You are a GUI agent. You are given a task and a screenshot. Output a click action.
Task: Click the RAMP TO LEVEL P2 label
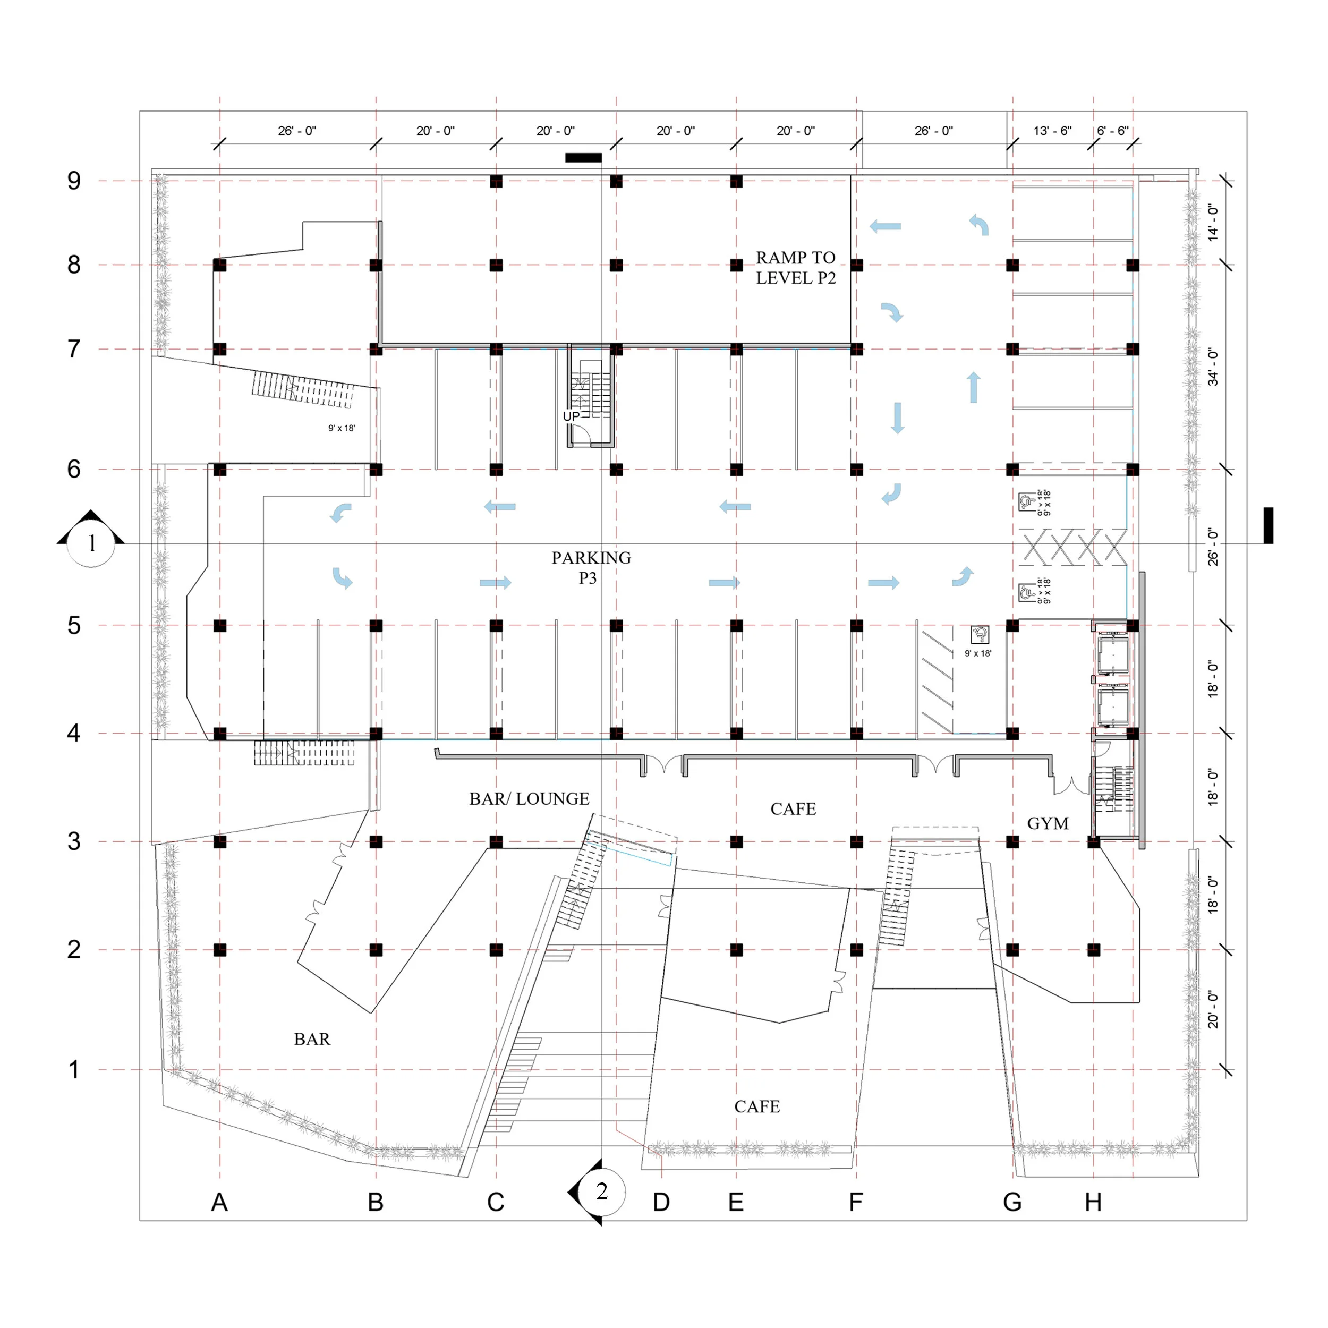pyautogui.click(x=795, y=267)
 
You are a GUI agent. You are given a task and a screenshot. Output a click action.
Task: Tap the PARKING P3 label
pyautogui.click(x=591, y=567)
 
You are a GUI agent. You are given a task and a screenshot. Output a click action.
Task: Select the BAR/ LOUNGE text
pyautogui.click(x=529, y=799)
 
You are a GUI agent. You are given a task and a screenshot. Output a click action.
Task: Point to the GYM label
pyautogui.click(x=1048, y=823)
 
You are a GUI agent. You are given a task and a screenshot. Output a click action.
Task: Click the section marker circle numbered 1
pyautogui.click(x=91, y=544)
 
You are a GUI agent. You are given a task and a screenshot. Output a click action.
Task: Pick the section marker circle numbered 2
pyautogui.click(x=601, y=1191)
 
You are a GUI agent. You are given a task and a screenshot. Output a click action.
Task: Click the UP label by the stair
pyautogui.click(x=571, y=416)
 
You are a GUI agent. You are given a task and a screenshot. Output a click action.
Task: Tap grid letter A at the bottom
pyautogui.click(x=219, y=1202)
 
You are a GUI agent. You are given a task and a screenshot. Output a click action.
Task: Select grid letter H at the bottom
pyautogui.click(x=1093, y=1202)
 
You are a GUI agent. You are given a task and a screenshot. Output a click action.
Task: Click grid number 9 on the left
pyautogui.click(x=73, y=181)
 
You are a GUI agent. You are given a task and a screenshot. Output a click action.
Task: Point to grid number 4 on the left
pyautogui.click(x=73, y=733)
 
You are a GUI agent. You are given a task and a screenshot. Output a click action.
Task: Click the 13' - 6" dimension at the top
pyautogui.click(x=1052, y=131)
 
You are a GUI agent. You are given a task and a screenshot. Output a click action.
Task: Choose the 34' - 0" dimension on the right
pyautogui.click(x=1213, y=367)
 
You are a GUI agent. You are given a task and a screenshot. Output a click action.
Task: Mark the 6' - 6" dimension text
pyautogui.click(x=1112, y=131)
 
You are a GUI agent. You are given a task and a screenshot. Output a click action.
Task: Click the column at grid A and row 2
pyautogui.click(x=220, y=950)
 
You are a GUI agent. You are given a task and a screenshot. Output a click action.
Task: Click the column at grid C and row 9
pyautogui.click(x=496, y=182)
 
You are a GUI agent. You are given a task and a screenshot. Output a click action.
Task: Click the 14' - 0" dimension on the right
pyautogui.click(x=1213, y=222)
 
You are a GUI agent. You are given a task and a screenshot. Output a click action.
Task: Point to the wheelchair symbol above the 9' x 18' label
pyautogui.click(x=980, y=634)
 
